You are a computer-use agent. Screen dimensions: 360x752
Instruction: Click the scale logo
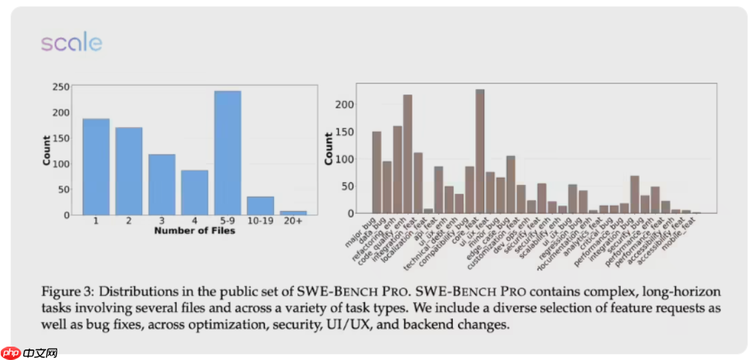[x=71, y=43]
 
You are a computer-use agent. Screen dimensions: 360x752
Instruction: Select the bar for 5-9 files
[x=227, y=152]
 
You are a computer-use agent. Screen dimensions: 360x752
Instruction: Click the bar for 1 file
[x=96, y=167]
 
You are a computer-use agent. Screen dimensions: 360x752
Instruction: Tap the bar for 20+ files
[x=293, y=212]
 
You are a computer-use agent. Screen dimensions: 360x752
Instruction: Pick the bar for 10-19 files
[x=261, y=205]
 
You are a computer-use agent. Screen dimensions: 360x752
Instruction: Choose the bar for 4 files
[x=194, y=192]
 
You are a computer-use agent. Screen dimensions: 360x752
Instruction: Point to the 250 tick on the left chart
[x=61, y=87]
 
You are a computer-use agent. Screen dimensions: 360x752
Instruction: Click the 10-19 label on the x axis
[x=261, y=222]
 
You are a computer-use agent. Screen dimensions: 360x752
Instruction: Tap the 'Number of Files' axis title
[x=194, y=231]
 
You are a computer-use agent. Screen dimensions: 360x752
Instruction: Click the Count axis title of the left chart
[x=47, y=150]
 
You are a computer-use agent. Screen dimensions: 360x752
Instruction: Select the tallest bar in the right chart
[x=480, y=151]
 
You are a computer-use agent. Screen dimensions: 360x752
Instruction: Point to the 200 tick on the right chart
[x=343, y=104]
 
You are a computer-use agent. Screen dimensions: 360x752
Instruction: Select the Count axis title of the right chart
[x=328, y=148]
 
